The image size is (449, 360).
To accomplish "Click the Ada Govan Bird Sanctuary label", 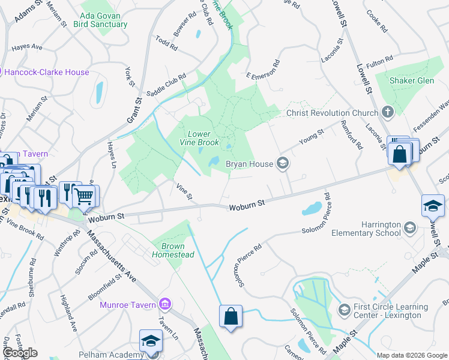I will pos(100,20).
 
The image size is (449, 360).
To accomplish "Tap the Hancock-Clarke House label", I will pos(46,72).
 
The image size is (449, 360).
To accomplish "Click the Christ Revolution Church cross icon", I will pos(388,112).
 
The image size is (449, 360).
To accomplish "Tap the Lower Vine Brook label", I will pos(200,138).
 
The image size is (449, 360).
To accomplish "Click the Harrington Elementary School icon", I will pos(409,227).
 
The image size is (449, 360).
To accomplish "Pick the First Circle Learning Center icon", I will pos(344,310).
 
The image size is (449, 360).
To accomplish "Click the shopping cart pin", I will pos(85,195).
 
